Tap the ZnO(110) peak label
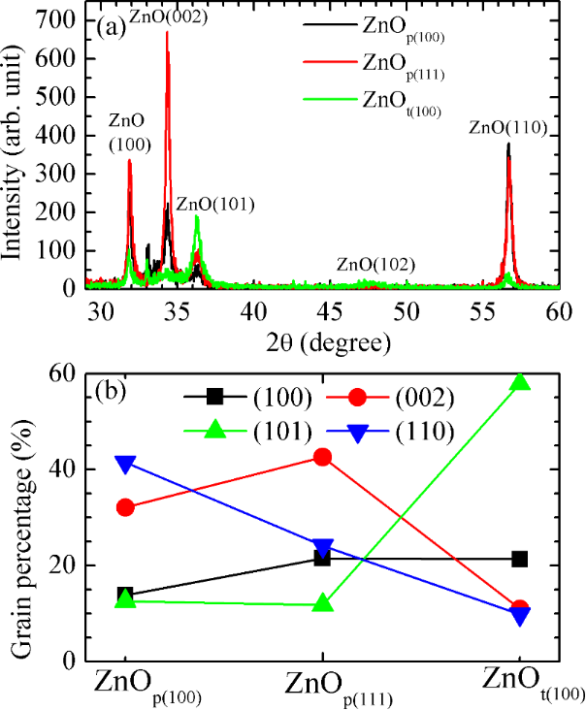[x=509, y=127]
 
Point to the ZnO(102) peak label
[x=376, y=264]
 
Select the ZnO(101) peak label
[x=215, y=204]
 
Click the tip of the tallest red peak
[x=167, y=32]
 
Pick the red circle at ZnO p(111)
[x=322, y=457]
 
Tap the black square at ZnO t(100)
[x=520, y=559]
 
